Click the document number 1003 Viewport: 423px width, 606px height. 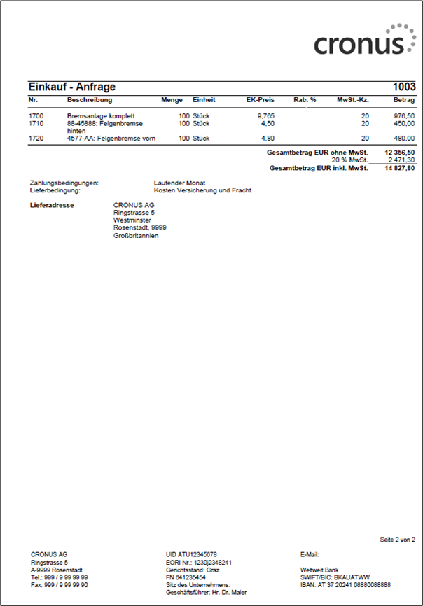[404, 87]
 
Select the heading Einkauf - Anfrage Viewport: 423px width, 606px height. [71, 87]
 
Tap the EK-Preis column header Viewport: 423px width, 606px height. [260, 100]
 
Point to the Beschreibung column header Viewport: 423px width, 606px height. [89, 100]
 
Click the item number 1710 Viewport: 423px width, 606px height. [36, 123]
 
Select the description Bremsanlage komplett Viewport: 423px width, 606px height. [100, 115]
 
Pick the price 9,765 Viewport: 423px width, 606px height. [265, 115]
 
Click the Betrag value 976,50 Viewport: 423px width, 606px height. [404, 115]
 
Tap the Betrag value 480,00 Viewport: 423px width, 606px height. [404, 139]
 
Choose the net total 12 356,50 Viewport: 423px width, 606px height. [399, 152]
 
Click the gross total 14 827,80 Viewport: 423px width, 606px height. [399, 169]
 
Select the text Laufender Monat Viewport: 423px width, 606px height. [179, 183]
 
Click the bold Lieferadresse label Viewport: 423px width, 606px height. [53, 205]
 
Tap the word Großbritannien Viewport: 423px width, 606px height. [136, 236]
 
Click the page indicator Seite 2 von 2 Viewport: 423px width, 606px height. [397, 540]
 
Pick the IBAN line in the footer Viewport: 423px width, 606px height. [345, 585]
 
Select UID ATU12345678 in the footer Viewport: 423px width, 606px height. [190, 554]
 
